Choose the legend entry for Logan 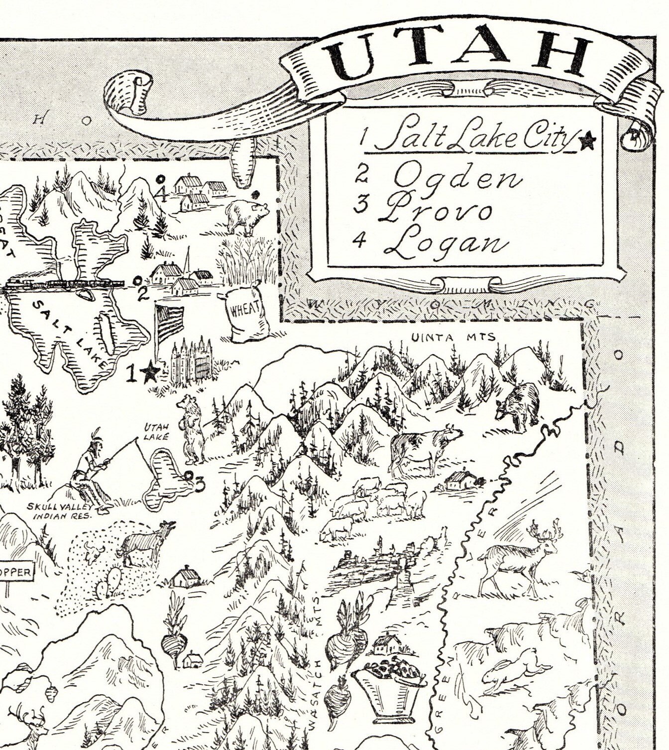[x=446, y=244]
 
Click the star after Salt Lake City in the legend [x=587, y=141]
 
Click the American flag [x=169, y=321]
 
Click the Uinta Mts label [x=453, y=338]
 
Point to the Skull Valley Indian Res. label [x=60, y=511]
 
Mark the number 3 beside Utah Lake [x=199, y=484]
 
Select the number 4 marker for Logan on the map [x=160, y=194]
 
